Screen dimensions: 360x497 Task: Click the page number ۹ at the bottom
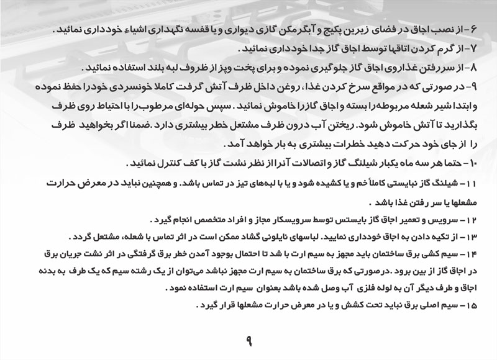point(248,340)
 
